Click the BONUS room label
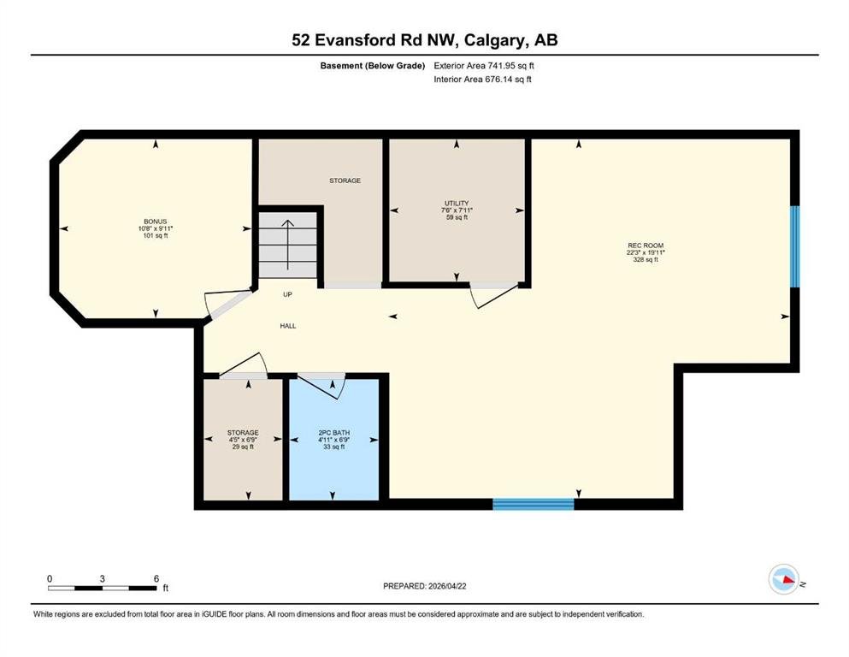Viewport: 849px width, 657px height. (156, 222)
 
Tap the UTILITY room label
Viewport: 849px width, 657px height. (457, 203)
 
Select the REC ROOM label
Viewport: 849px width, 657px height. (646, 246)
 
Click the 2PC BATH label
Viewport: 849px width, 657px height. (333, 433)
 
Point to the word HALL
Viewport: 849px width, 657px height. (288, 326)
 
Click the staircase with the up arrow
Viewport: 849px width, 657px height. (287, 246)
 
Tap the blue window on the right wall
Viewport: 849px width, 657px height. (795, 246)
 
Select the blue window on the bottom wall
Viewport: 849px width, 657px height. (534, 504)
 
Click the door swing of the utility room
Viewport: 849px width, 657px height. (492, 294)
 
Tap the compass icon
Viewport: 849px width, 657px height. (784, 579)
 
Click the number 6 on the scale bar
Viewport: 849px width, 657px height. (156, 579)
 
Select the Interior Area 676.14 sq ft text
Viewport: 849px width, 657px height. (482, 79)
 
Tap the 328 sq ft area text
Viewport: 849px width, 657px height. (646, 259)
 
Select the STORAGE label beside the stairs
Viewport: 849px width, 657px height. (345, 181)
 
